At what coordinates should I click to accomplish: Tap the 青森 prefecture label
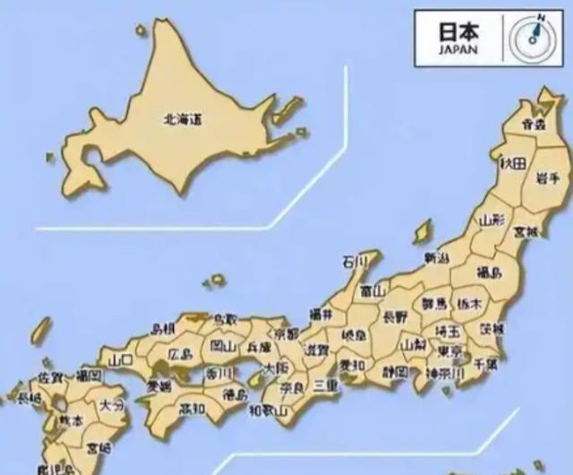pyautogui.click(x=534, y=125)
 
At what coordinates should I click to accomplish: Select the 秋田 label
pyautogui.click(x=512, y=163)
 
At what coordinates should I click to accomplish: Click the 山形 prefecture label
pyautogui.click(x=492, y=219)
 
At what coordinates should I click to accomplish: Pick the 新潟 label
pyautogui.click(x=436, y=258)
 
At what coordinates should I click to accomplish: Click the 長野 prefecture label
pyautogui.click(x=395, y=316)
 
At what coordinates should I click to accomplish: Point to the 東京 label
pyautogui.click(x=450, y=350)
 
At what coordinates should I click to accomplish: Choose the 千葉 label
pyautogui.click(x=485, y=365)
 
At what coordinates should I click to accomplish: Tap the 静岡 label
pyautogui.click(x=395, y=370)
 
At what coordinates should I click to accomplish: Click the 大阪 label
pyautogui.click(x=276, y=368)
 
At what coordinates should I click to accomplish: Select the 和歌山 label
pyautogui.click(x=267, y=411)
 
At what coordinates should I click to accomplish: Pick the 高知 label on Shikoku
pyautogui.click(x=192, y=409)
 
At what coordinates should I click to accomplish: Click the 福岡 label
pyautogui.click(x=88, y=375)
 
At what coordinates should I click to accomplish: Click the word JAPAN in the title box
pyautogui.click(x=458, y=50)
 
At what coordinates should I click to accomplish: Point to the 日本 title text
pyautogui.click(x=458, y=30)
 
